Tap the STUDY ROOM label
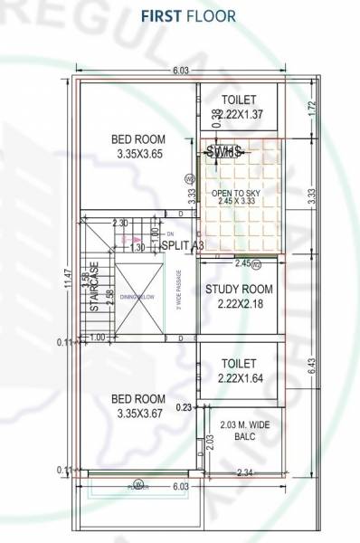239,290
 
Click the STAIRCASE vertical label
93,291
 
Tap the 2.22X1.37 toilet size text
241,114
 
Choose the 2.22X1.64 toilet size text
239,378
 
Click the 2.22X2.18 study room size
239,305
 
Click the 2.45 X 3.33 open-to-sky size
239,201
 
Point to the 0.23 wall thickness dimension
184,406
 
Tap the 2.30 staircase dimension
119,223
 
